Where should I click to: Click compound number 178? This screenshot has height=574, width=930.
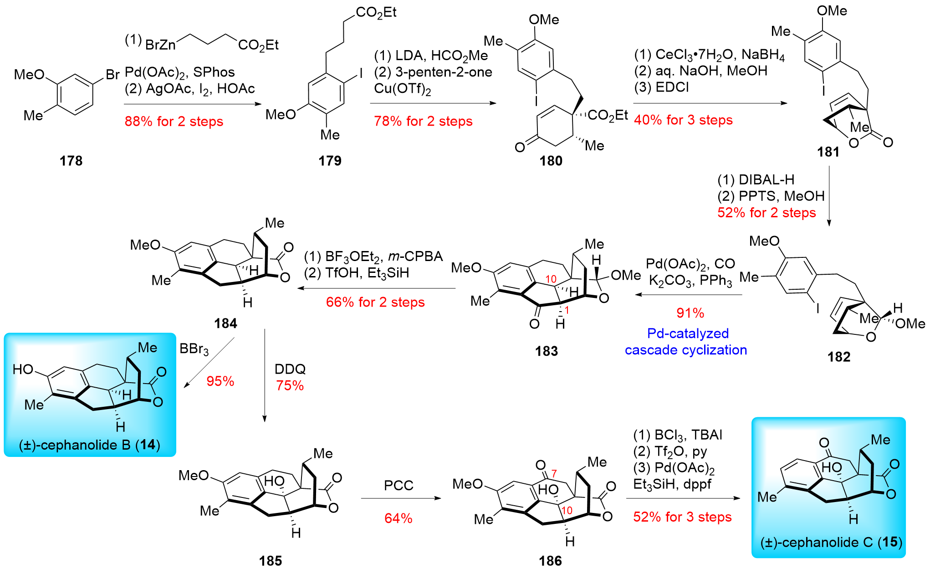click(x=71, y=161)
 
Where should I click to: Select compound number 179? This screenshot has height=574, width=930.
click(x=330, y=161)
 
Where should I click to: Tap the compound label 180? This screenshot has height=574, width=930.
click(x=551, y=161)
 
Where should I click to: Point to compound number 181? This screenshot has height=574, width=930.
click(x=828, y=152)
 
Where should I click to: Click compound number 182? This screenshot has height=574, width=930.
click(x=839, y=357)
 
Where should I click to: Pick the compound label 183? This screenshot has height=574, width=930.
click(x=547, y=351)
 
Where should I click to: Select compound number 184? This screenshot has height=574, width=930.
click(x=225, y=323)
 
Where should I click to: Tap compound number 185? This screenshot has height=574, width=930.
click(x=271, y=561)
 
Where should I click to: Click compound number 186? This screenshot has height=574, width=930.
click(x=550, y=561)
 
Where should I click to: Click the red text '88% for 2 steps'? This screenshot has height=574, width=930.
click(x=174, y=122)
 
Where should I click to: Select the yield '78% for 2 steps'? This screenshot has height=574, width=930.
click(x=423, y=121)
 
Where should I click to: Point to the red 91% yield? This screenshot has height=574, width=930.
click(x=690, y=313)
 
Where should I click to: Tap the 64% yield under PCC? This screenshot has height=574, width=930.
click(x=398, y=518)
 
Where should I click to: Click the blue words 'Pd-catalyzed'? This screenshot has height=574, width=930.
click(x=688, y=333)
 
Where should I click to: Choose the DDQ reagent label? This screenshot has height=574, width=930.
click(x=290, y=369)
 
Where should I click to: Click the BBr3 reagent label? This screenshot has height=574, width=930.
click(x=194, y=349)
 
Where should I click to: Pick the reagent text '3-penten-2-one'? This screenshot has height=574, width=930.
click(x=444, y=72)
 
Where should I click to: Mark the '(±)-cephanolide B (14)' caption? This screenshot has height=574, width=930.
click(x=90, y=445)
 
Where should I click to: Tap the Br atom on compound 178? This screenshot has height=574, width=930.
click(x=112, y=74)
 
